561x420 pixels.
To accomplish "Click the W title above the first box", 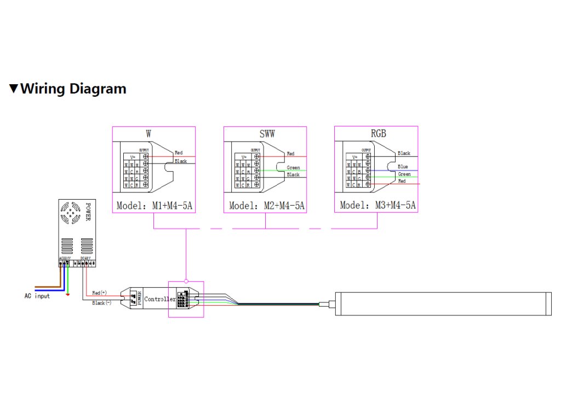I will click(x=149, y=134).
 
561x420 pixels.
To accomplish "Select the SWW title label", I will click(x=267, y=134).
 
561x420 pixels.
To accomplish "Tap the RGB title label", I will click(x=378, y=134).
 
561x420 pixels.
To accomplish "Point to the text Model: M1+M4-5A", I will click(x=153, y=206).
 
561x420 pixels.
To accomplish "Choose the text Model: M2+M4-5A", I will click(x=267, y=206).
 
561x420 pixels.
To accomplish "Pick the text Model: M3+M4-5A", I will click(x=378, y=206).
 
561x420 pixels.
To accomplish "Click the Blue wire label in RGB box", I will click(x=403, y=167).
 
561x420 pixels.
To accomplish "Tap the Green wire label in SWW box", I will click(x=293, y=168).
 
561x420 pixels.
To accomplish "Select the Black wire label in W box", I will click(x=181, y=161).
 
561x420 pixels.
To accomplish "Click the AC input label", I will click(x=37, y=296).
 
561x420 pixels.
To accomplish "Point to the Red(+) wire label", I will click(x=100, y=293).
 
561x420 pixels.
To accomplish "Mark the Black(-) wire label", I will click(x=101, y=302).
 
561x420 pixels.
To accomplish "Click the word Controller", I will click(x=159, y=299).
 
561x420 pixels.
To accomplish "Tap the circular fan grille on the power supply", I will click(x=70, y=214).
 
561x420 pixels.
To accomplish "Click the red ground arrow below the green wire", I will click(x=67, y=295).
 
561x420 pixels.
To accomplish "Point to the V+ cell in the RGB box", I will click(x=356, y=157).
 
